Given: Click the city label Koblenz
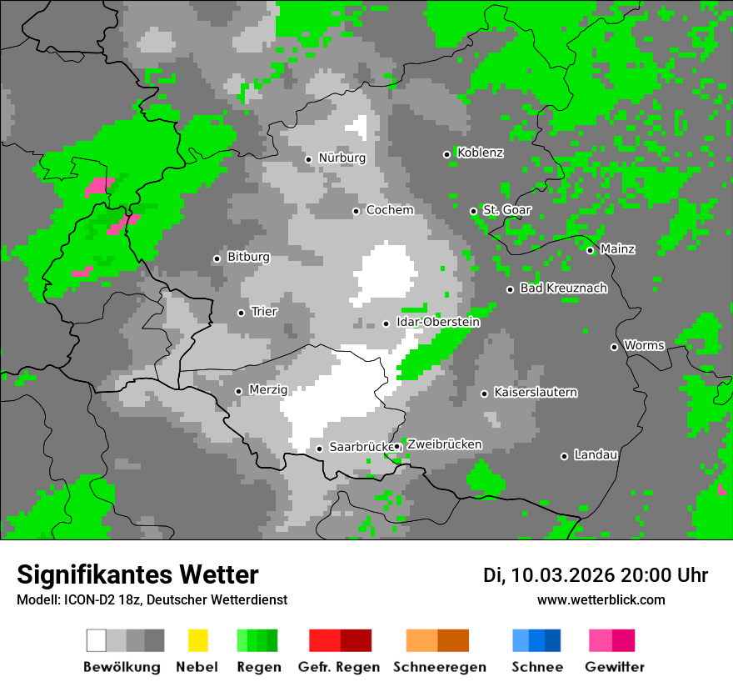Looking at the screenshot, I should click(480, 153).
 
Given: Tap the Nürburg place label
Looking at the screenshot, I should click(342, 158).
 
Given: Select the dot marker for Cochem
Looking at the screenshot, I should click(356, 211).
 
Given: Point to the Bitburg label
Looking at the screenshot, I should click(248, 257).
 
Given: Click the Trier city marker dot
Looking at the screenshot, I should click(241, 313).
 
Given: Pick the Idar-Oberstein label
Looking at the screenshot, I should click(438, 322).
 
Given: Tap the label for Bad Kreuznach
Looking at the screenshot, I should click(563, 288).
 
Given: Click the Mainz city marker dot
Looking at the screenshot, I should click(590, 250).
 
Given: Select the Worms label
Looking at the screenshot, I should click(644, 345).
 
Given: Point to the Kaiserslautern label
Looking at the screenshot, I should click(535, 392).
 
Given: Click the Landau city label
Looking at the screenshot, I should click(596, 454).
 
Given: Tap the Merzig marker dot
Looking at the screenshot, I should click(238, 391).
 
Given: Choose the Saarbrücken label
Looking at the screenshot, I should click(361, 447).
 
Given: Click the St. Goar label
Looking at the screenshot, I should click(506, 210).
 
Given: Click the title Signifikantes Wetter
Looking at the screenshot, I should click(137, 574).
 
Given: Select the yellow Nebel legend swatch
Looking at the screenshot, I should click(197, 640).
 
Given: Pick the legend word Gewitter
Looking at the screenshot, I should click(614, 667).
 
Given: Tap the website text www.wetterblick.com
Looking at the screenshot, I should click(601, 600).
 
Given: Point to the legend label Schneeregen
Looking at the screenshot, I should click(439, 667).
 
